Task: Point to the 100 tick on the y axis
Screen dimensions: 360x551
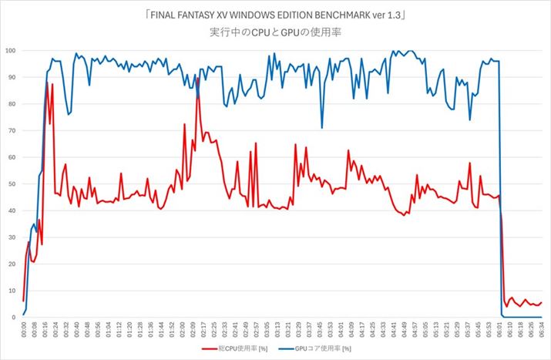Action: (10, 51)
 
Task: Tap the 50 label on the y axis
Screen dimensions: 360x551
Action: (12, 184)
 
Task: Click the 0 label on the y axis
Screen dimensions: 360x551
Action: (14, 318)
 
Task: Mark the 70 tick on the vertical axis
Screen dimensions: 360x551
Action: (12, 131)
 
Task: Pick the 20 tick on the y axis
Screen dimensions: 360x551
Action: (12, 264)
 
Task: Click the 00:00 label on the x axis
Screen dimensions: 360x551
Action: (24, 330)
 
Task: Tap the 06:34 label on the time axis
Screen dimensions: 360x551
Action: (542, 330)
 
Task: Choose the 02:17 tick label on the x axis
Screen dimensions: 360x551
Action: (203, 330)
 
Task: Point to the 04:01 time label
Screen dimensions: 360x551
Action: (341, 330)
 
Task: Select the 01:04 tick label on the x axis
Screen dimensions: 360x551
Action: (108, 330)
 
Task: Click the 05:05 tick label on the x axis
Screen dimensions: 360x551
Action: (425, 330)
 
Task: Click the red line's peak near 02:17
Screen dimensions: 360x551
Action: (198, 77)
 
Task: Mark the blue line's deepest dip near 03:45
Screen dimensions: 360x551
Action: (322, 128)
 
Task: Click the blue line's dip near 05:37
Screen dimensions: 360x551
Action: (469, 119)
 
